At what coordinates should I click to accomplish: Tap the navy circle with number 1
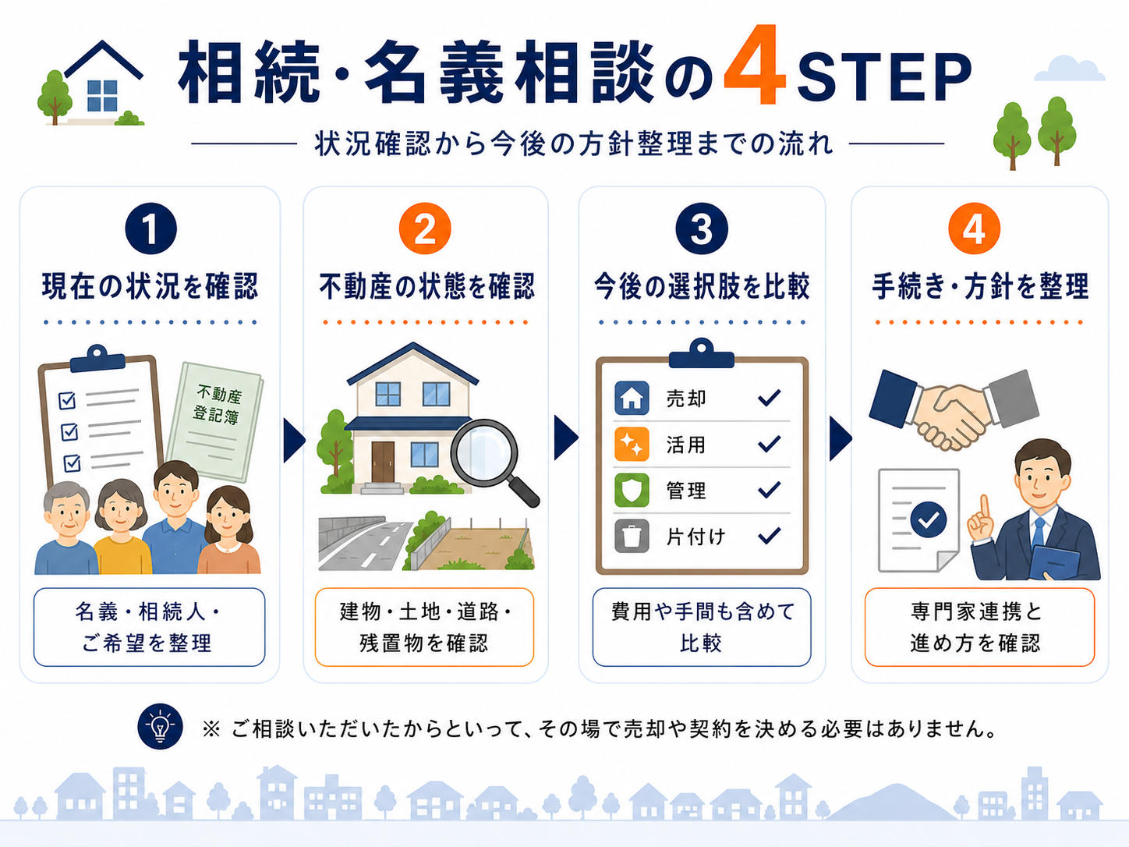coord(150,229)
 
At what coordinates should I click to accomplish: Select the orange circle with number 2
coord(425,229)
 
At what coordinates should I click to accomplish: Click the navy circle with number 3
coord(702,229)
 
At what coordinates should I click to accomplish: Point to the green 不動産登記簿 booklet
coord(214,422)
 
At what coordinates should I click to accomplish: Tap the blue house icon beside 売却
coord(632,398)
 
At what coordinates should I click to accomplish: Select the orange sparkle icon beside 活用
coord(632,444)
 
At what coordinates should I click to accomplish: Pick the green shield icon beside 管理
coord(632,490)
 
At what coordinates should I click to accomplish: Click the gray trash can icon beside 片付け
coord(632,536)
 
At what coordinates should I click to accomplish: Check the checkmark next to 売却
coord(770,398)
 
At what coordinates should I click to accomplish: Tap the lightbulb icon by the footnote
coord(160,726)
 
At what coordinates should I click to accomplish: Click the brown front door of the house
coord(383,461)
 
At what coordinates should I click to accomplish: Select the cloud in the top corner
coord(1069,69)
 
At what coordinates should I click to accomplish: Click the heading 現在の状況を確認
coord(150,286)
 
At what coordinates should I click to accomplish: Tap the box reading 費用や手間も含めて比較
coord(702,627)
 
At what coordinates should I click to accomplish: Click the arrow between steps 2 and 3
coord(566,438)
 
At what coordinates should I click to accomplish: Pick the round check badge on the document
coord(928,520)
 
